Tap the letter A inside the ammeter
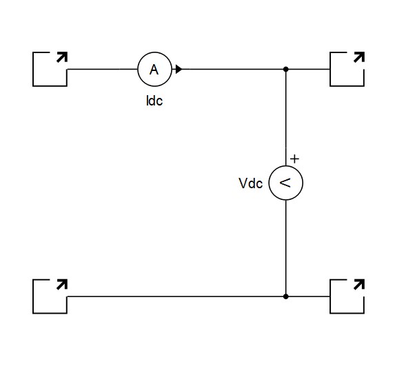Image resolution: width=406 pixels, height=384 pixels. click(154, 70)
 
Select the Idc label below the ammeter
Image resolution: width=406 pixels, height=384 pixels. click(154, 101)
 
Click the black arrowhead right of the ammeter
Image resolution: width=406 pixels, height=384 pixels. click(179, 69)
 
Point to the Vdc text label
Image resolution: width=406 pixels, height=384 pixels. click(250, 183)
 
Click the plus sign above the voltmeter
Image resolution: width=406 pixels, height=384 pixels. click(294, 159)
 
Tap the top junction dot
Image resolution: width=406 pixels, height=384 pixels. click(286, 69)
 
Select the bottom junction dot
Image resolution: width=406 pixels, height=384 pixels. click(286, 296)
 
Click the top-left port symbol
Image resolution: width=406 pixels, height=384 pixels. click(33, 69)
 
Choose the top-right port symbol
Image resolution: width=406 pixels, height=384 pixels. click(330, 78)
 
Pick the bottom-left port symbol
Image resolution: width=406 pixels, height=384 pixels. click(33, 296)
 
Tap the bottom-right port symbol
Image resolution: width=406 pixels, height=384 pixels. click(330, 305)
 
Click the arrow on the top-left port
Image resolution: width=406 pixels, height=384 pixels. click(62, 57)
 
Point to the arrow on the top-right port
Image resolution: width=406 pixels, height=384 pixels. click(359, 57)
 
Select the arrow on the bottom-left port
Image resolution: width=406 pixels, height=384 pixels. click(62, 284)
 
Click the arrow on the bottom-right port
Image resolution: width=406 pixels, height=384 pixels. click(359, 284)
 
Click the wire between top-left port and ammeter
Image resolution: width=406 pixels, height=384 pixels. click(102, 69)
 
